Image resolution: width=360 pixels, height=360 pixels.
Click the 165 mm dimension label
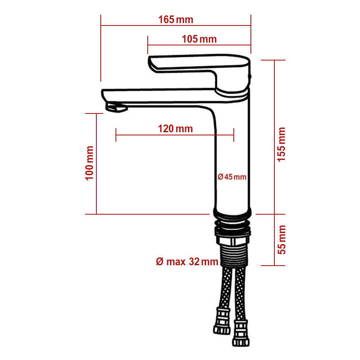[x=176, y=20]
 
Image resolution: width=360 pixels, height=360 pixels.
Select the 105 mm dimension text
[x=199, y=39]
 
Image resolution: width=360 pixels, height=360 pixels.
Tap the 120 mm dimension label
[x=175, y=129]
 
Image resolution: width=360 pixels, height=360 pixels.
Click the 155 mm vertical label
[x=282, y=144]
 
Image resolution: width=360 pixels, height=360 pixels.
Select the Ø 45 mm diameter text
[x=232, y=177]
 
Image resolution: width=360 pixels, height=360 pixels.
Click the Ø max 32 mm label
[x=187, y=262]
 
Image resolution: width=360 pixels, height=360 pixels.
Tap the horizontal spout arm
[x=159, y=96]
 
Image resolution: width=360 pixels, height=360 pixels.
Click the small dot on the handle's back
[x=250, y=76]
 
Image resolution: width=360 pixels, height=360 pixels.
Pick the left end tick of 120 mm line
[x=116, y=135]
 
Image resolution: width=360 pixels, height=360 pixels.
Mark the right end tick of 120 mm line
[x=234, y=135]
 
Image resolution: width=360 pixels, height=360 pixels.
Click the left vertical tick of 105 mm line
[x=148, y=45]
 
